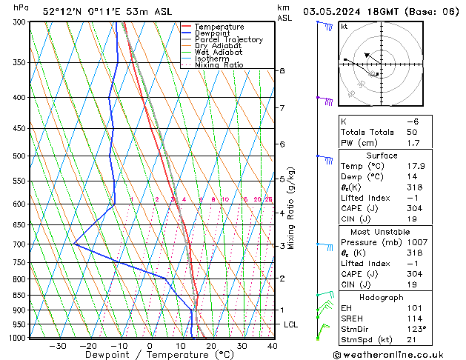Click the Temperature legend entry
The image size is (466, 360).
(218, 27)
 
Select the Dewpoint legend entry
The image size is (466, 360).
(212, 33)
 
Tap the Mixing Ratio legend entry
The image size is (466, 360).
(219, 65)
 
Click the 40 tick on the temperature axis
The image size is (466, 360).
(272, 346)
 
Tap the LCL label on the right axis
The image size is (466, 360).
(291, 325)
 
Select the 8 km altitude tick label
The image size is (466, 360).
(282, 71)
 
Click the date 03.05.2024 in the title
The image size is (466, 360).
(333, 11)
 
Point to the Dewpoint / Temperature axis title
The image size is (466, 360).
(149, 355)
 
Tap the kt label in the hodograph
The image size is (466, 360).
(344, 27)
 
